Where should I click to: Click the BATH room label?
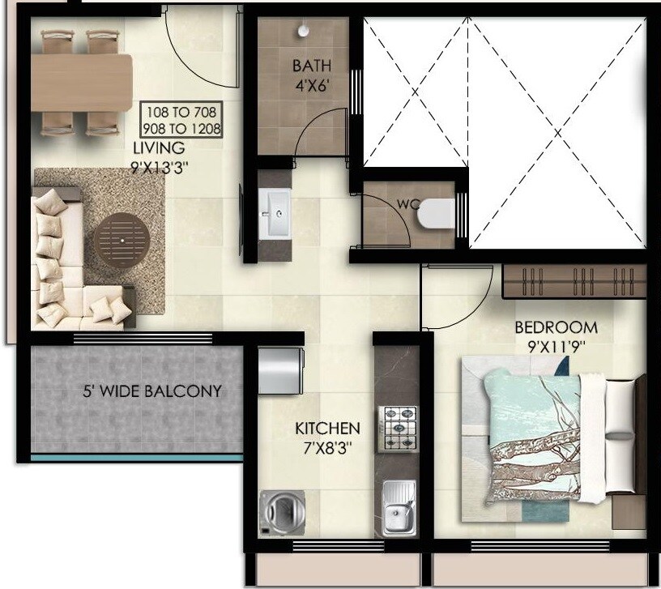[311, 65]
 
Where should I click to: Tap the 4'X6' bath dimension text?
[311, 83]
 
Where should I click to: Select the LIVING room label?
[159, 148]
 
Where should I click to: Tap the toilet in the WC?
[434, 213]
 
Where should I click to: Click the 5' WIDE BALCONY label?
[151, 392]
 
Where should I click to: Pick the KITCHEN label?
[326, 428]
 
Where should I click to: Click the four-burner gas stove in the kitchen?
[399, 427]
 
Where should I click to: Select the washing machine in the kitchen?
[279, 511]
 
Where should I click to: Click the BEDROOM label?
[557, 328]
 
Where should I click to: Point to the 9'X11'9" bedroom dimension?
[557, 347]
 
